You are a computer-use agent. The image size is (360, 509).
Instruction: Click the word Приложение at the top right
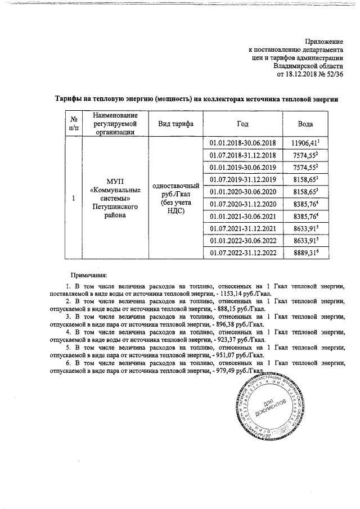pyautogui.click(x=323, y=42)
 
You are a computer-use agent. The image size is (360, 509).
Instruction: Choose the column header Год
pyautogui.click(x=242, y=124)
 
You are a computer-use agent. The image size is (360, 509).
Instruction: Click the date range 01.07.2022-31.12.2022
pyautogui.click(x=242, y=253)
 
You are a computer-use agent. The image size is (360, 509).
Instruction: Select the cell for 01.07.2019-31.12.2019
pyautogui.click(x=242, y=179)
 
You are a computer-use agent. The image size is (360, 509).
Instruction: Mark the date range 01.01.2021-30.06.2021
pyautogui.click(x=242, y=216)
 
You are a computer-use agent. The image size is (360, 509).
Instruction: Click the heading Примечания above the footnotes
pyautogui.click(x=88, y=276)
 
